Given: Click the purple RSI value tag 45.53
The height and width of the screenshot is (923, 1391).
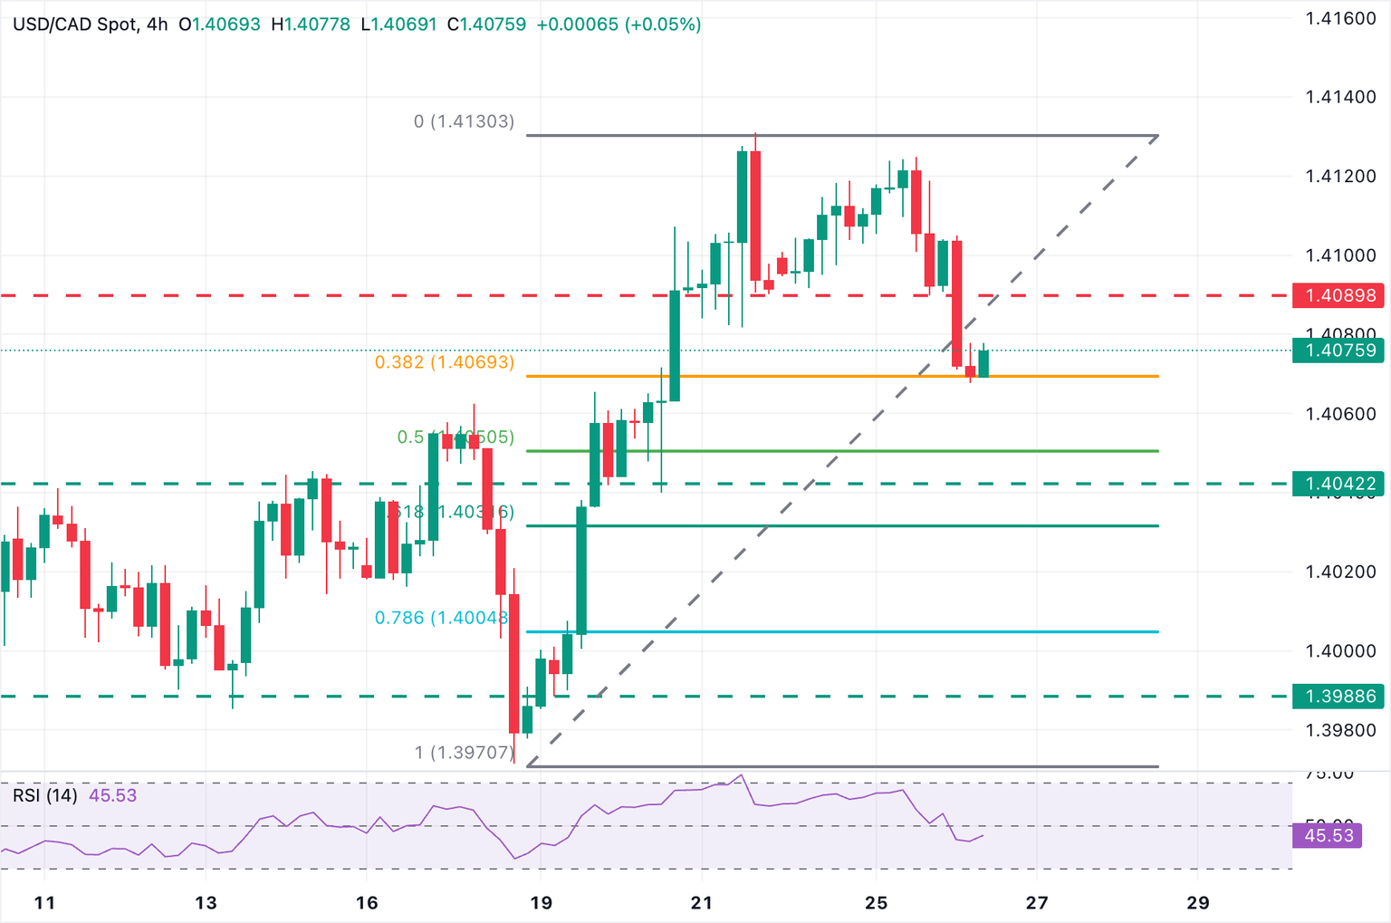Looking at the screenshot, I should (x=1328, y=835).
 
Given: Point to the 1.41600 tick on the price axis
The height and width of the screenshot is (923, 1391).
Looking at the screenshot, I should (x=1340, y=18).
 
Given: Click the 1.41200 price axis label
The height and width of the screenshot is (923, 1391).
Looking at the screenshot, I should (x=1340, y=176).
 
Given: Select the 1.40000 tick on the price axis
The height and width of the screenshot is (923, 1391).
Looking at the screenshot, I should (x=1340, y=650).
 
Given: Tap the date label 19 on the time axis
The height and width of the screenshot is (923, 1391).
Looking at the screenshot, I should (x=541, y=902).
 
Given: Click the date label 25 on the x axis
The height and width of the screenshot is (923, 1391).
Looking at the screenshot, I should (x=876, y=902).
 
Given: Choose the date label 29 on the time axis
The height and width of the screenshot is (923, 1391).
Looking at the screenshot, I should (x=1197, y=902).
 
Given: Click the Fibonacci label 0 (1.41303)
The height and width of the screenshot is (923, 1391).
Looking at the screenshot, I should (x=464, y=121).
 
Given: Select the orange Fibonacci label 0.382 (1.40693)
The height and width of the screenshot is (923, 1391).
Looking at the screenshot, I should (x=445, y=362).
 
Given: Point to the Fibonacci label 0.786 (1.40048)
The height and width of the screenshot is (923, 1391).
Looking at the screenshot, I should (x=442, y=618).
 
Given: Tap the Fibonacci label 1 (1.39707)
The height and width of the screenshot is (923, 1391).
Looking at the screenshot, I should (x=464, y=753).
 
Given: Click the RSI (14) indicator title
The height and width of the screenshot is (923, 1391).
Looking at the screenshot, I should (x=45, y=795).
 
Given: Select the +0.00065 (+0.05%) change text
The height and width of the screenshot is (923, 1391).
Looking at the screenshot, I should (x=619, y=24).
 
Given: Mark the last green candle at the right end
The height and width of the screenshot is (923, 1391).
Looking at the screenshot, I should (x=983, y=362).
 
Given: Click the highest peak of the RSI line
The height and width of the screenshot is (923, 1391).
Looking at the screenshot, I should (x=742, y=775).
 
